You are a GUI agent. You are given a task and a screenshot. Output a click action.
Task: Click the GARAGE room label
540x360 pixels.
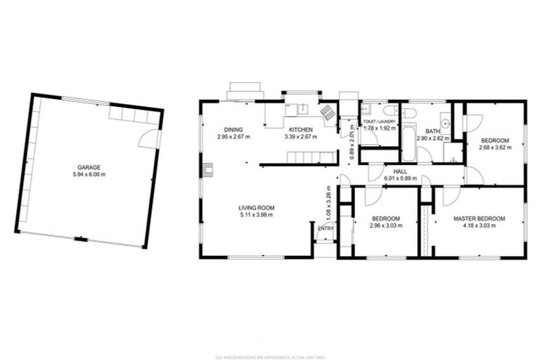[x=89, y=167]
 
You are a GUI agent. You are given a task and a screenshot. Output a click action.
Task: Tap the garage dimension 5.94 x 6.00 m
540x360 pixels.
[x=89, y=174]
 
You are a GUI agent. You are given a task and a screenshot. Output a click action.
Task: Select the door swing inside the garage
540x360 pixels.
[x=150, y=139]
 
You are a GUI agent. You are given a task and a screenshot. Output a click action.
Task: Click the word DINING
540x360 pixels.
[x=233, y=129]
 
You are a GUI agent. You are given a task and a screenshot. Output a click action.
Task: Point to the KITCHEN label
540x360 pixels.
[x=300, y=129]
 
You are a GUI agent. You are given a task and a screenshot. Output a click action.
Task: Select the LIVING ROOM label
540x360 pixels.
[x=256, y=207]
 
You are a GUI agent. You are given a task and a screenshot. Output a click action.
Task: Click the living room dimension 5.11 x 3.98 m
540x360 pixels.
[x=256, y=214]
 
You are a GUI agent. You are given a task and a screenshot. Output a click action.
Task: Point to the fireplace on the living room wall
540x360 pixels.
[x=208, y=169]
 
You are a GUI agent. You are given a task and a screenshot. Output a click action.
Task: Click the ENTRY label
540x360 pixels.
[x=326, y=228]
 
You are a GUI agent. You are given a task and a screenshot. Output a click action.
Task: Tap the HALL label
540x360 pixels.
[x=400, y=171]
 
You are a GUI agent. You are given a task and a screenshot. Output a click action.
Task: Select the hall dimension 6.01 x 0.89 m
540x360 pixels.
[x=400, y=178]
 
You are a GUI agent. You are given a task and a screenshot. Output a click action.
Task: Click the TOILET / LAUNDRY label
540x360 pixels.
[x=379, y=122]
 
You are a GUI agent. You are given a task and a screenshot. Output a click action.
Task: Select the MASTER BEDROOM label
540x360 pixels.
[x=478, y=219]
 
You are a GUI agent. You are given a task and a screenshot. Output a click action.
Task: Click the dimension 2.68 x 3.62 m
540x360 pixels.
[x=495, y=148]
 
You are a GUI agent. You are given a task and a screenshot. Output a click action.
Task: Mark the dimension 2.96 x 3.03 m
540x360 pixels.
[x=385, y=226]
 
